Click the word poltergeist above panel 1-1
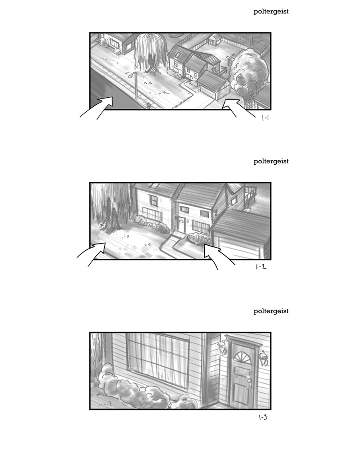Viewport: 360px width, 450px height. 271,12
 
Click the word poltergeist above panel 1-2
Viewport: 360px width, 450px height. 271,162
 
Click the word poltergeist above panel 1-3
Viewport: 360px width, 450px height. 271,311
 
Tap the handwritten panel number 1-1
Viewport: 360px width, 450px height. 265,117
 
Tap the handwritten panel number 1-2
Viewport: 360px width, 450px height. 261,267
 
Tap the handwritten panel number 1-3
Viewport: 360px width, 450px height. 263,417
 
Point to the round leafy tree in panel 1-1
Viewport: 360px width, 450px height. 249,72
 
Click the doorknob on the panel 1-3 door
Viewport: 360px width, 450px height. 249,380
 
